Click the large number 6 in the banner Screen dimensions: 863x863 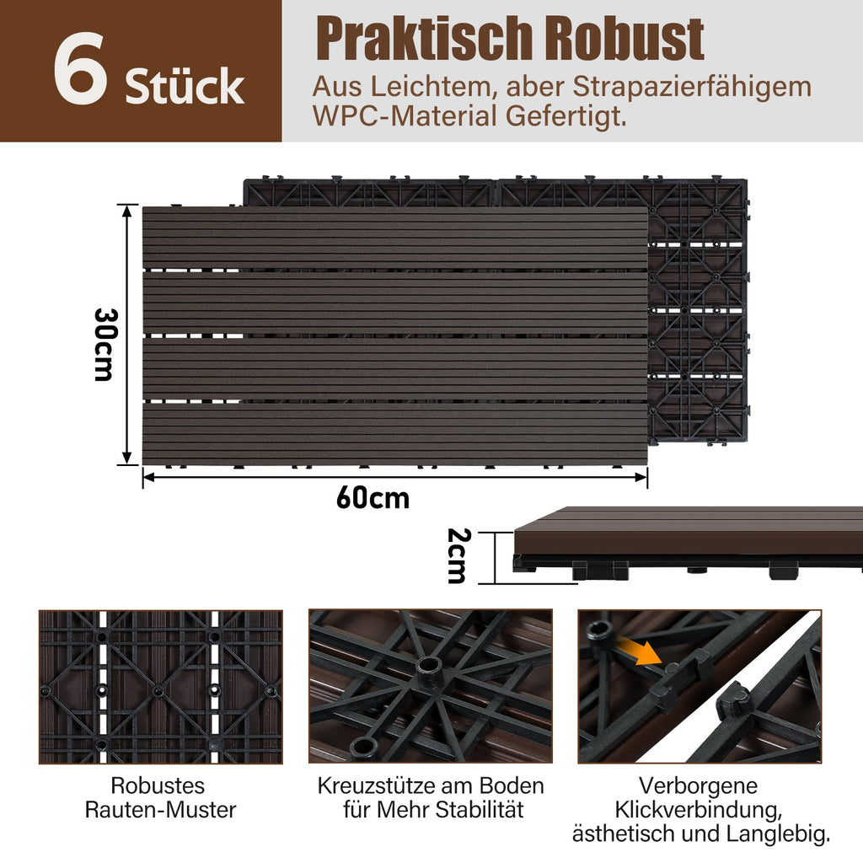pos(80,72)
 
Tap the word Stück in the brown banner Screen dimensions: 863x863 pos(185,87)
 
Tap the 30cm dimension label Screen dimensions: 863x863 pos(104,343)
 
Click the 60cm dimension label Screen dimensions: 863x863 pos(373,498)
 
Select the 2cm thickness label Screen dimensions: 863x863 pos(456,555)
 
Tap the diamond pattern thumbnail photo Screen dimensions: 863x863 pos(160,687)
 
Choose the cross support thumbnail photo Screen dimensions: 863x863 pos(430,687)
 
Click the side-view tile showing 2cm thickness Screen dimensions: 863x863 pos(687,544)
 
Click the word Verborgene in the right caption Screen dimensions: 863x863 pos(698,786)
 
